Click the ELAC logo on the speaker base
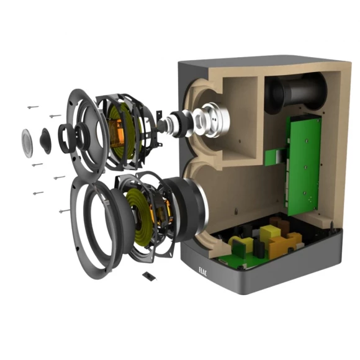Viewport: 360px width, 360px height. (x=203, y=272)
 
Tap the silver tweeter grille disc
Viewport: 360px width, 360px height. (x=27, y=143)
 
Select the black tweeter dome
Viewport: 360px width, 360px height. (x=46, y=141)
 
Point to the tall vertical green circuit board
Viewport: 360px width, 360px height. (x=303, y=164)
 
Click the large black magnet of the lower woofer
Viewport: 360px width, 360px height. (x=186, y=209)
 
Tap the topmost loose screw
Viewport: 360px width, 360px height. (x=33, y=107)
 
